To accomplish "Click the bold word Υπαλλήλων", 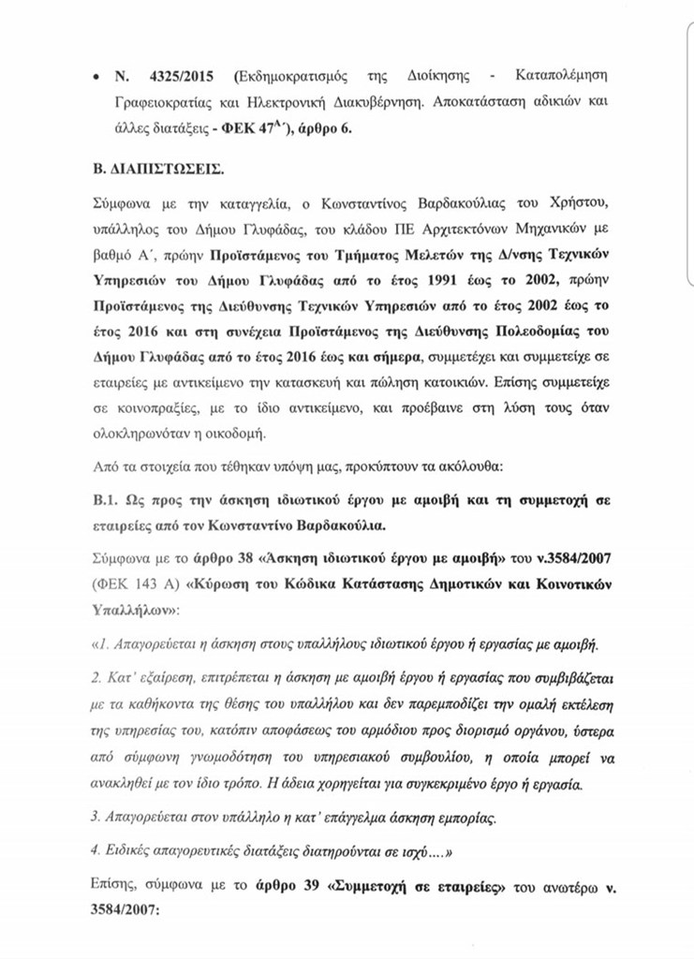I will pyautogui.click(x=137, y=603).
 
